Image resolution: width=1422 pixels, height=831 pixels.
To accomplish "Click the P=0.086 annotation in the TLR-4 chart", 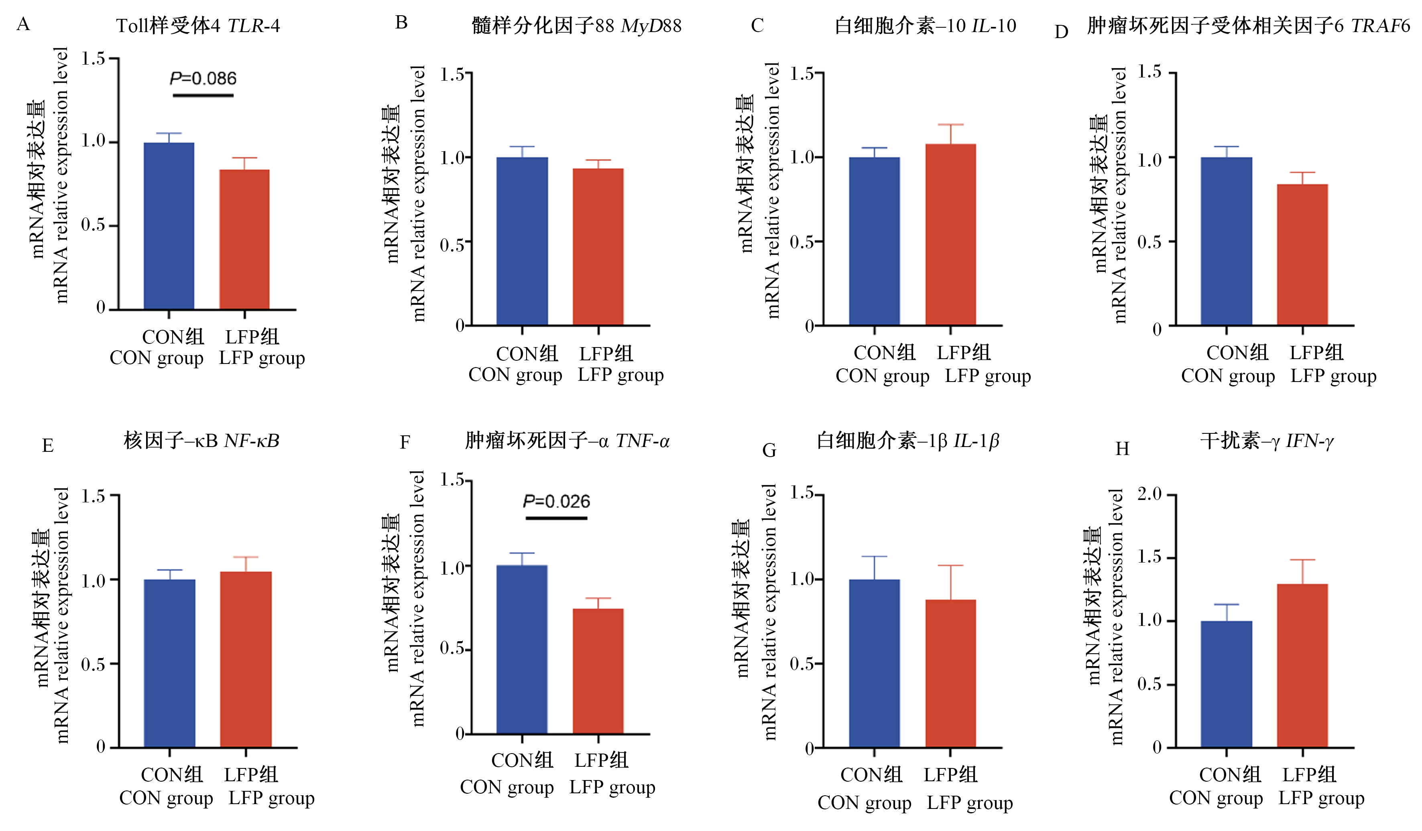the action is pos(203,78).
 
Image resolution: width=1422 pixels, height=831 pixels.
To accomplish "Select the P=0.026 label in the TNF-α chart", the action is pos(556,502).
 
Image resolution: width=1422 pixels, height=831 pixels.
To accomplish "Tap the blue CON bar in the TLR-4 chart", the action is pos(169,226).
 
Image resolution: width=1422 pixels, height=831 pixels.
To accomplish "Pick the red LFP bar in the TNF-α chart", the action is pos(598,671).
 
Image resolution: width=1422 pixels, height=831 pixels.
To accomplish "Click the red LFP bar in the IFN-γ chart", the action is pos(1302,666).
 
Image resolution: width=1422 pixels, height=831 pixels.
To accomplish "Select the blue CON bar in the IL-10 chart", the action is pos(874,242).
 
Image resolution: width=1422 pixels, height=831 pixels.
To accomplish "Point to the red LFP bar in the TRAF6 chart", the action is pos(1302,255).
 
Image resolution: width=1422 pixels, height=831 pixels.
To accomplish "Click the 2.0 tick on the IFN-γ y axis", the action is pos(1149,494).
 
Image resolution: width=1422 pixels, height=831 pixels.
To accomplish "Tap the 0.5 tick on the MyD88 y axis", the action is pos(452,245).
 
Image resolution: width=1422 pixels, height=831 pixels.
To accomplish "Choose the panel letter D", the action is pos(1062,32).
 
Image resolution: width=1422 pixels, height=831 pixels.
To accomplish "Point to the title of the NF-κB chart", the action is pos(201,441).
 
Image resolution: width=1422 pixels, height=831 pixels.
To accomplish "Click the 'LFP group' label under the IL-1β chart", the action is pos(969,803).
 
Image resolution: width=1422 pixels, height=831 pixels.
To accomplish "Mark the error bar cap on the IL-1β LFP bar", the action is pos(951,565).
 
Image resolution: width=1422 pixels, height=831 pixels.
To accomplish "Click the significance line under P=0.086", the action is pos(203,95).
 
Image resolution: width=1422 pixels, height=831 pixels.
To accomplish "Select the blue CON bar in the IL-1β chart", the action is pos(874,663).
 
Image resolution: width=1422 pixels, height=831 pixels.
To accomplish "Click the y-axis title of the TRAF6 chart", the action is pos(1108,195).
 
